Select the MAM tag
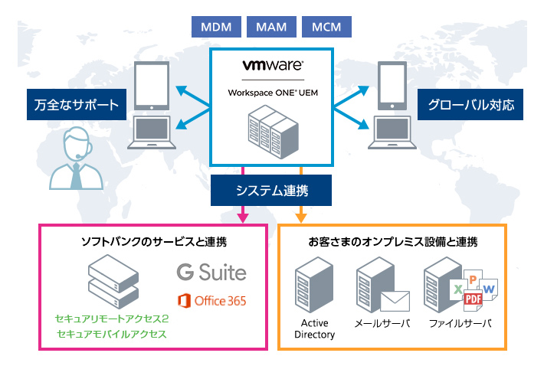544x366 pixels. [271, 27]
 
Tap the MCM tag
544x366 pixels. [327, 27]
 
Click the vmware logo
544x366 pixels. [272, 67]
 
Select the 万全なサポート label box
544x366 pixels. [77, 105]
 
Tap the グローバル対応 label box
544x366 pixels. [470, 105]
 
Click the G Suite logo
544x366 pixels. [211, 272]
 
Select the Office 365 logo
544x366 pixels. [211, 300]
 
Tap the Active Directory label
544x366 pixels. [315, 328]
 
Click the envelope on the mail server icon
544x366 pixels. [395, 301]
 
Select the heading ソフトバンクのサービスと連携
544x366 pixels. [154, 242]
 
